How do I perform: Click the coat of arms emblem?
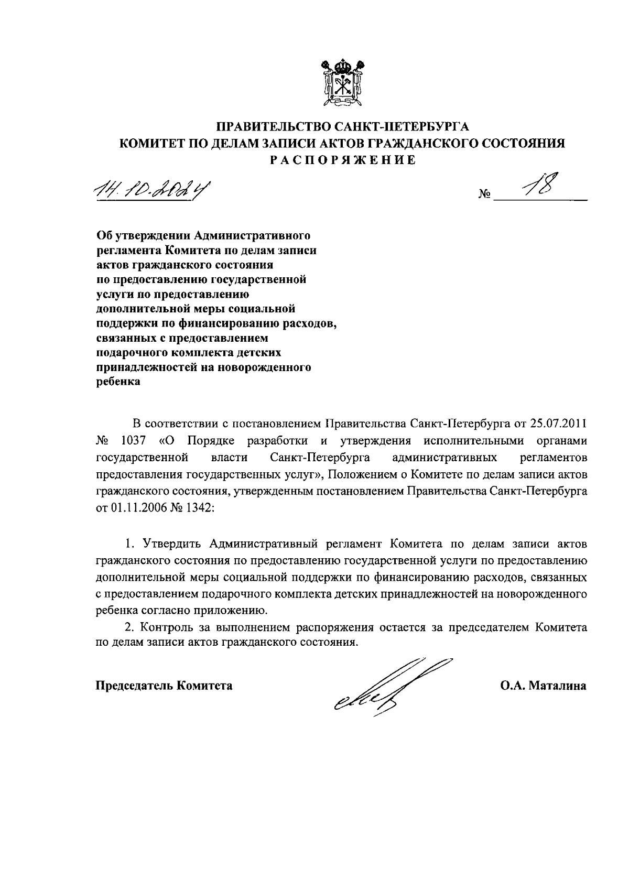342,84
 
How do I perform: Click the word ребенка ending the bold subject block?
119,382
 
